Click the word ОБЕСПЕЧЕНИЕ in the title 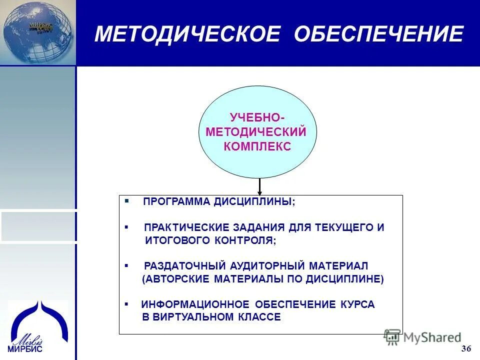(378, 34)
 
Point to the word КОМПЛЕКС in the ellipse (257, 147)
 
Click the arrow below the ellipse (259, 186)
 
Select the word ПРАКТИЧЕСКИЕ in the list (182, 227)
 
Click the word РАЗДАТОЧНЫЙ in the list (184, 265)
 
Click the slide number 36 (466, 348)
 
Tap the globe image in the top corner (37, 32)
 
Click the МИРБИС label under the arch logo (25, 349)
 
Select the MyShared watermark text (433, 337)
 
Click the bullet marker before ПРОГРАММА (127, 201)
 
